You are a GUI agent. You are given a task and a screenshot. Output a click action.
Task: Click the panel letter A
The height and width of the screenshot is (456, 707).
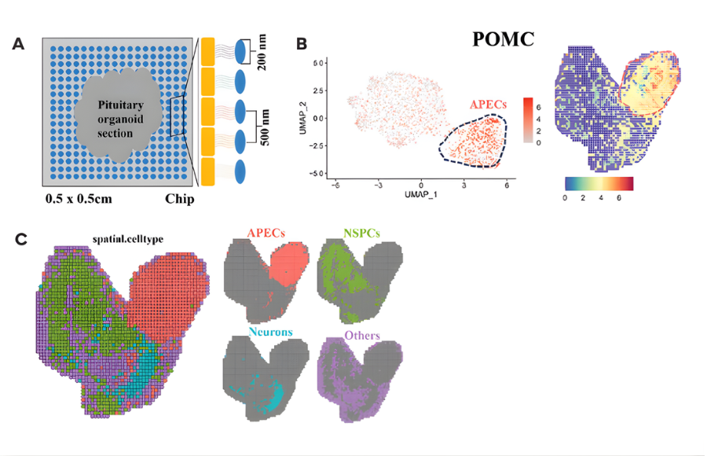(17, 44)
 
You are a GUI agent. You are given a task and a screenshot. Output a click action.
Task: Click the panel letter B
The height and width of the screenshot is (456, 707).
(300, 44)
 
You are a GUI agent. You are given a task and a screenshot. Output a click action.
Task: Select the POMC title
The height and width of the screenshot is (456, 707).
(504, 39)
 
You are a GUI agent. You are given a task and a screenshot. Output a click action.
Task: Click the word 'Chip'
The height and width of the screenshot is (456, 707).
(178, 197)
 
